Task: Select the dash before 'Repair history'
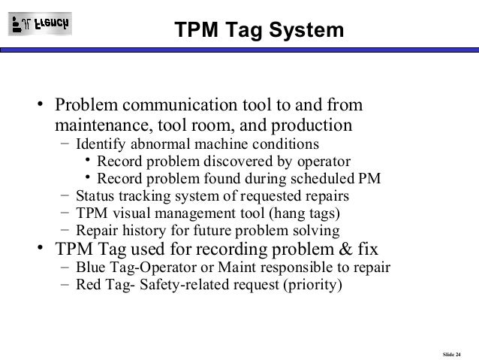pyautogui.click(x=65, y=230)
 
